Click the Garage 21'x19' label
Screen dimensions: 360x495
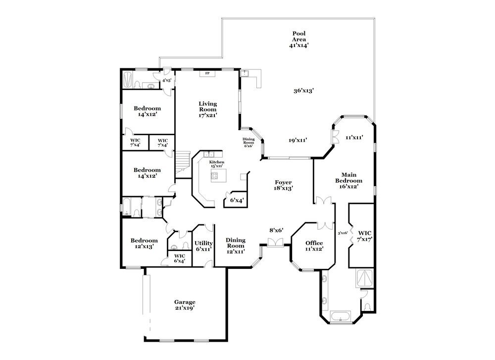(x=184, y=305)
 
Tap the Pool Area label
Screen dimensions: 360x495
(x=298, y=39)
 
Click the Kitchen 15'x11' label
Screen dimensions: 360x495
(x=216, y=164)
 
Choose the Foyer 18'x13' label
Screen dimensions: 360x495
(x=284, y=185)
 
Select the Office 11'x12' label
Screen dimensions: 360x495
(x=314, y=246)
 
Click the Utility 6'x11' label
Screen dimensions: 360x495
(x=203, y=246)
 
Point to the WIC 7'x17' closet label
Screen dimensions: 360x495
(x=365, y=236)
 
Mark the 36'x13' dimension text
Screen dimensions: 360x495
(x=303, y=91)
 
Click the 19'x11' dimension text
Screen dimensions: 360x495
(x=298, y=140)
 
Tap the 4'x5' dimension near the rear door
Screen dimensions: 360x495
(x=167, y=80)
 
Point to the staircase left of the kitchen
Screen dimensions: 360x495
(x=183, y=160)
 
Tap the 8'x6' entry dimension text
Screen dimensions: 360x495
(x=275, y=230)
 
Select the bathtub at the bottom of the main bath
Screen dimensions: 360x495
(x=341, y=316)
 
